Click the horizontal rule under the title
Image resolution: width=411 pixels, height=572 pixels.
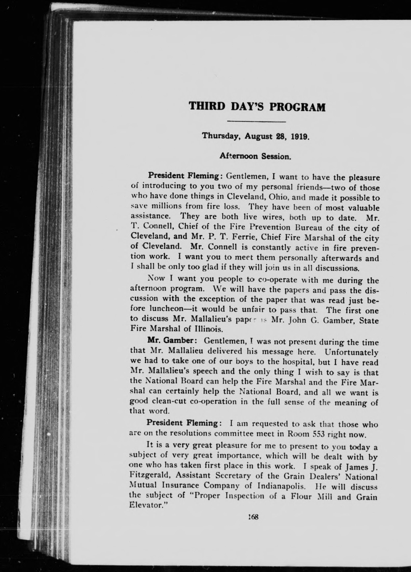tap(256, 122)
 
